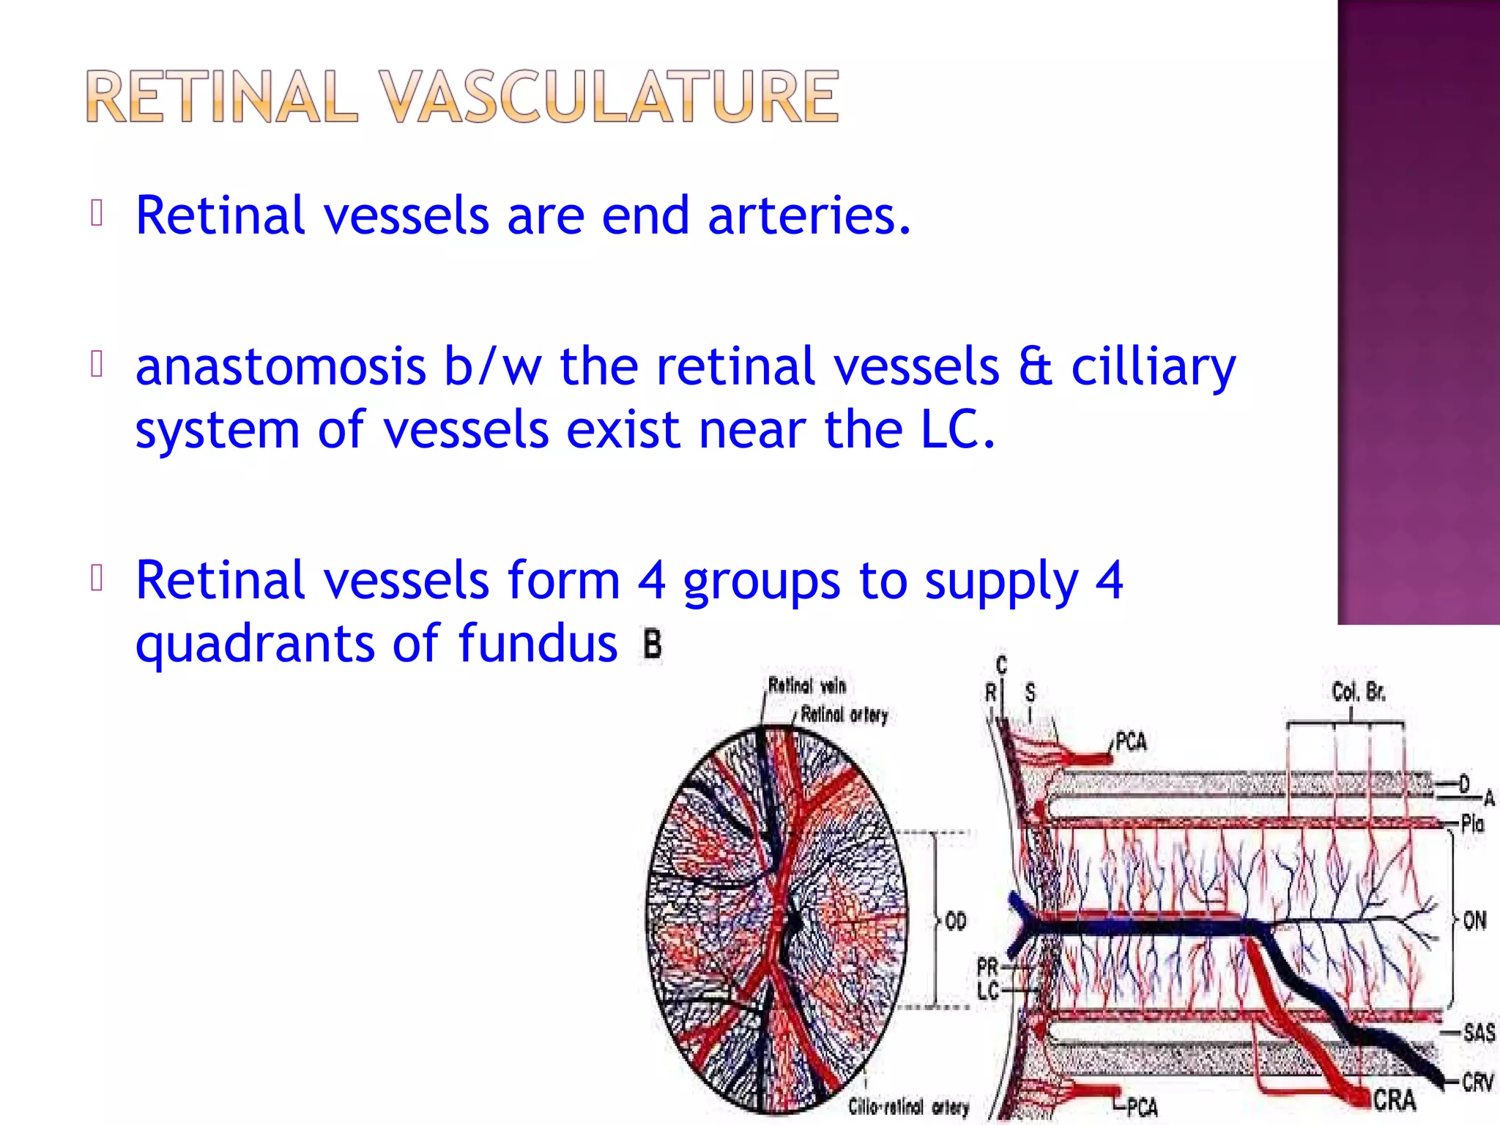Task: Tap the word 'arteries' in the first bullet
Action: pyautogui.click(x=809, y=216)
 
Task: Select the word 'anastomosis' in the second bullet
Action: pyautogui.click(x=281, y=366)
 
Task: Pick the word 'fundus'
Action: pyautogui.click(x=538, y=643)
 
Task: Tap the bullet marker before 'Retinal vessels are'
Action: pyautogui.click(x=97, y=213)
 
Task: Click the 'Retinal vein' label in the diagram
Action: pyautogui.click(x=807, y=686)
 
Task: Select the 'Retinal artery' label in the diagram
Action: pyautogui.click(x=844, y=714)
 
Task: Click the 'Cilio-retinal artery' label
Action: pyautogui.click(x=908, y=1107)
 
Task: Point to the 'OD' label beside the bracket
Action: pyautogui.click(x=956, y=920)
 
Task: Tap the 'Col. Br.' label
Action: pyautogui.click(x=1359, y=691)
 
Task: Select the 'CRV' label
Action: pyautogui.click(x=1477, y=1083)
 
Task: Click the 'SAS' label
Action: pyautogui.click(x=1479, y=1033)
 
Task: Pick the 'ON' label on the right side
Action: pyautogui.click(x=1474, y=920)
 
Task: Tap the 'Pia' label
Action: pyautogui.click(x=1472, y=824)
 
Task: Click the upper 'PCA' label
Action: pyautogui.click(x=1130, y=742)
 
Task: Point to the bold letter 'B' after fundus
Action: pyautogui.click(x=652, y=645)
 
